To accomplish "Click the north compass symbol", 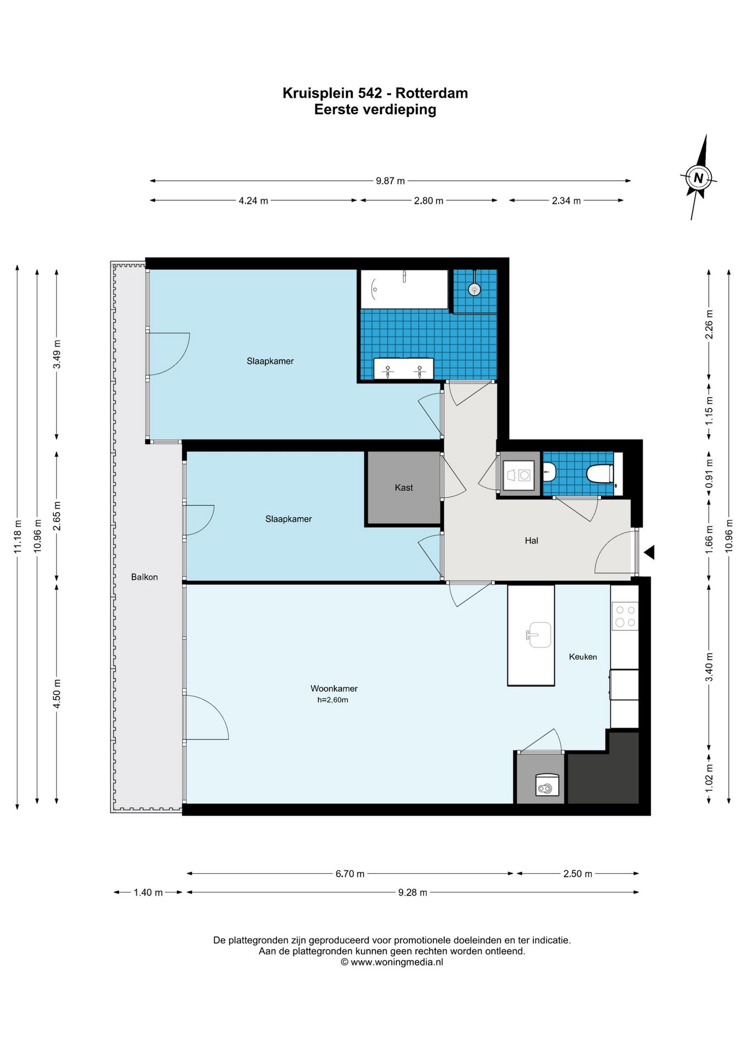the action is [x=698, y=177].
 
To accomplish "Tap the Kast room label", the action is [x=404, y=487].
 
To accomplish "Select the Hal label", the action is [x=531, y=541].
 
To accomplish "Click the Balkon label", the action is [x=144, y=577].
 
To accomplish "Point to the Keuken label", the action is [x=583, y=657].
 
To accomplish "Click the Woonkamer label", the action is [x=334, y=688].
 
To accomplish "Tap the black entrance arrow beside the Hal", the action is [x=649, y=552].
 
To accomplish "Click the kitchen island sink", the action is [x=538, y=635].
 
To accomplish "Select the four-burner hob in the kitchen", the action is [x=625, y=616].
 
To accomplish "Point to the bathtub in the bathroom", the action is [x=404, y=289].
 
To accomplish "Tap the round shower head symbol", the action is [x=474, y=288].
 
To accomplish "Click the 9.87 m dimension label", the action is [x=390, y=181].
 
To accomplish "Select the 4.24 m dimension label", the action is [x=253, y=201].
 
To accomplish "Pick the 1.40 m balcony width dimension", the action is [x=148, y=892].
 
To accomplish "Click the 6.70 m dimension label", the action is [x=350, y=874].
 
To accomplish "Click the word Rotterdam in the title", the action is [x=432, y=93].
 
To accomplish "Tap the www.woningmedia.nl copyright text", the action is [x=392, y=962].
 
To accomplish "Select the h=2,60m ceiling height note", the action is [x=333, y=700].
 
